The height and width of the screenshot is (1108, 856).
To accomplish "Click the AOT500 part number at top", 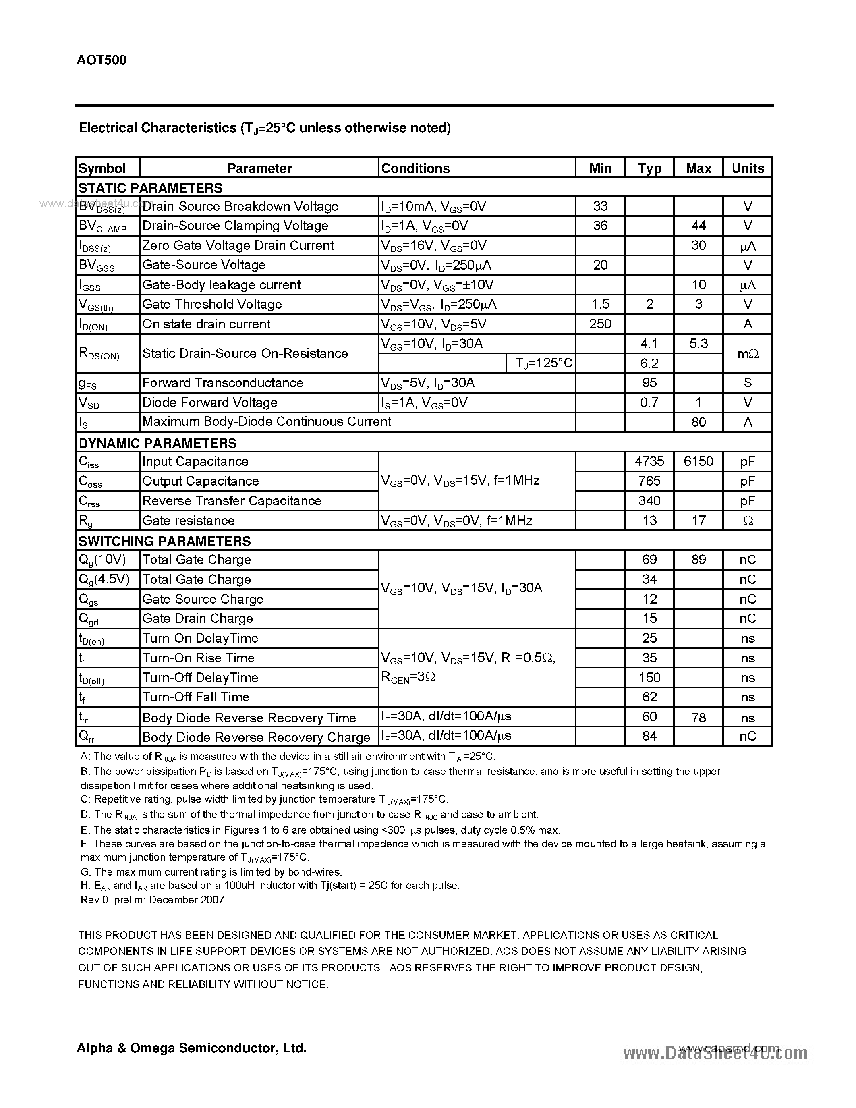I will (x=102, y=60).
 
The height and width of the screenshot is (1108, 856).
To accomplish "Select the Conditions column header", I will (x=415, y=168).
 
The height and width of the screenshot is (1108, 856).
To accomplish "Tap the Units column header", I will (x=748, y=168).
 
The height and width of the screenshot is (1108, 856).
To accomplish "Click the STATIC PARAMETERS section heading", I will (x=151, y=188).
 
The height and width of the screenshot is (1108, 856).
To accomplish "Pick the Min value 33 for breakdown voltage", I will (x=600, y=206).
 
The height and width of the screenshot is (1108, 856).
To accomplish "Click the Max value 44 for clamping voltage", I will (x=698, y=226).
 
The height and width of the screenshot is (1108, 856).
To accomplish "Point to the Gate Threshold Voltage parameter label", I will (x=212, y=304).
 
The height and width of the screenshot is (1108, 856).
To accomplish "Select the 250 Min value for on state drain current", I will (x=600, y=324).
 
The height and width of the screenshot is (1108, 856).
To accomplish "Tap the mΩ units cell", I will (x=748, y=354).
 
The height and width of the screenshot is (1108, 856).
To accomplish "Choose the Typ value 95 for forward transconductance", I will (x=649, y=382).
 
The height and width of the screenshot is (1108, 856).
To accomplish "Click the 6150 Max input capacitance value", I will (x=698, y=461).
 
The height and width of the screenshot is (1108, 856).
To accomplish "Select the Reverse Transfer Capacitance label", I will (x=232, y=501).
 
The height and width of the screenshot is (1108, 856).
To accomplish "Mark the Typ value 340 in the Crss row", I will (x=649, y=501).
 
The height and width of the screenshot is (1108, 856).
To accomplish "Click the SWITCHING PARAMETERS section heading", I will (x=164, y=542).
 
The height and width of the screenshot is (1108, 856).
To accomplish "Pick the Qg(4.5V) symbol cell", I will (x=104, y=579).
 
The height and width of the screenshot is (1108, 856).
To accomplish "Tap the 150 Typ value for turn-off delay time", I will (x=649, y=678).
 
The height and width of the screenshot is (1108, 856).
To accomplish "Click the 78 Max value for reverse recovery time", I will (x=698, y=717).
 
